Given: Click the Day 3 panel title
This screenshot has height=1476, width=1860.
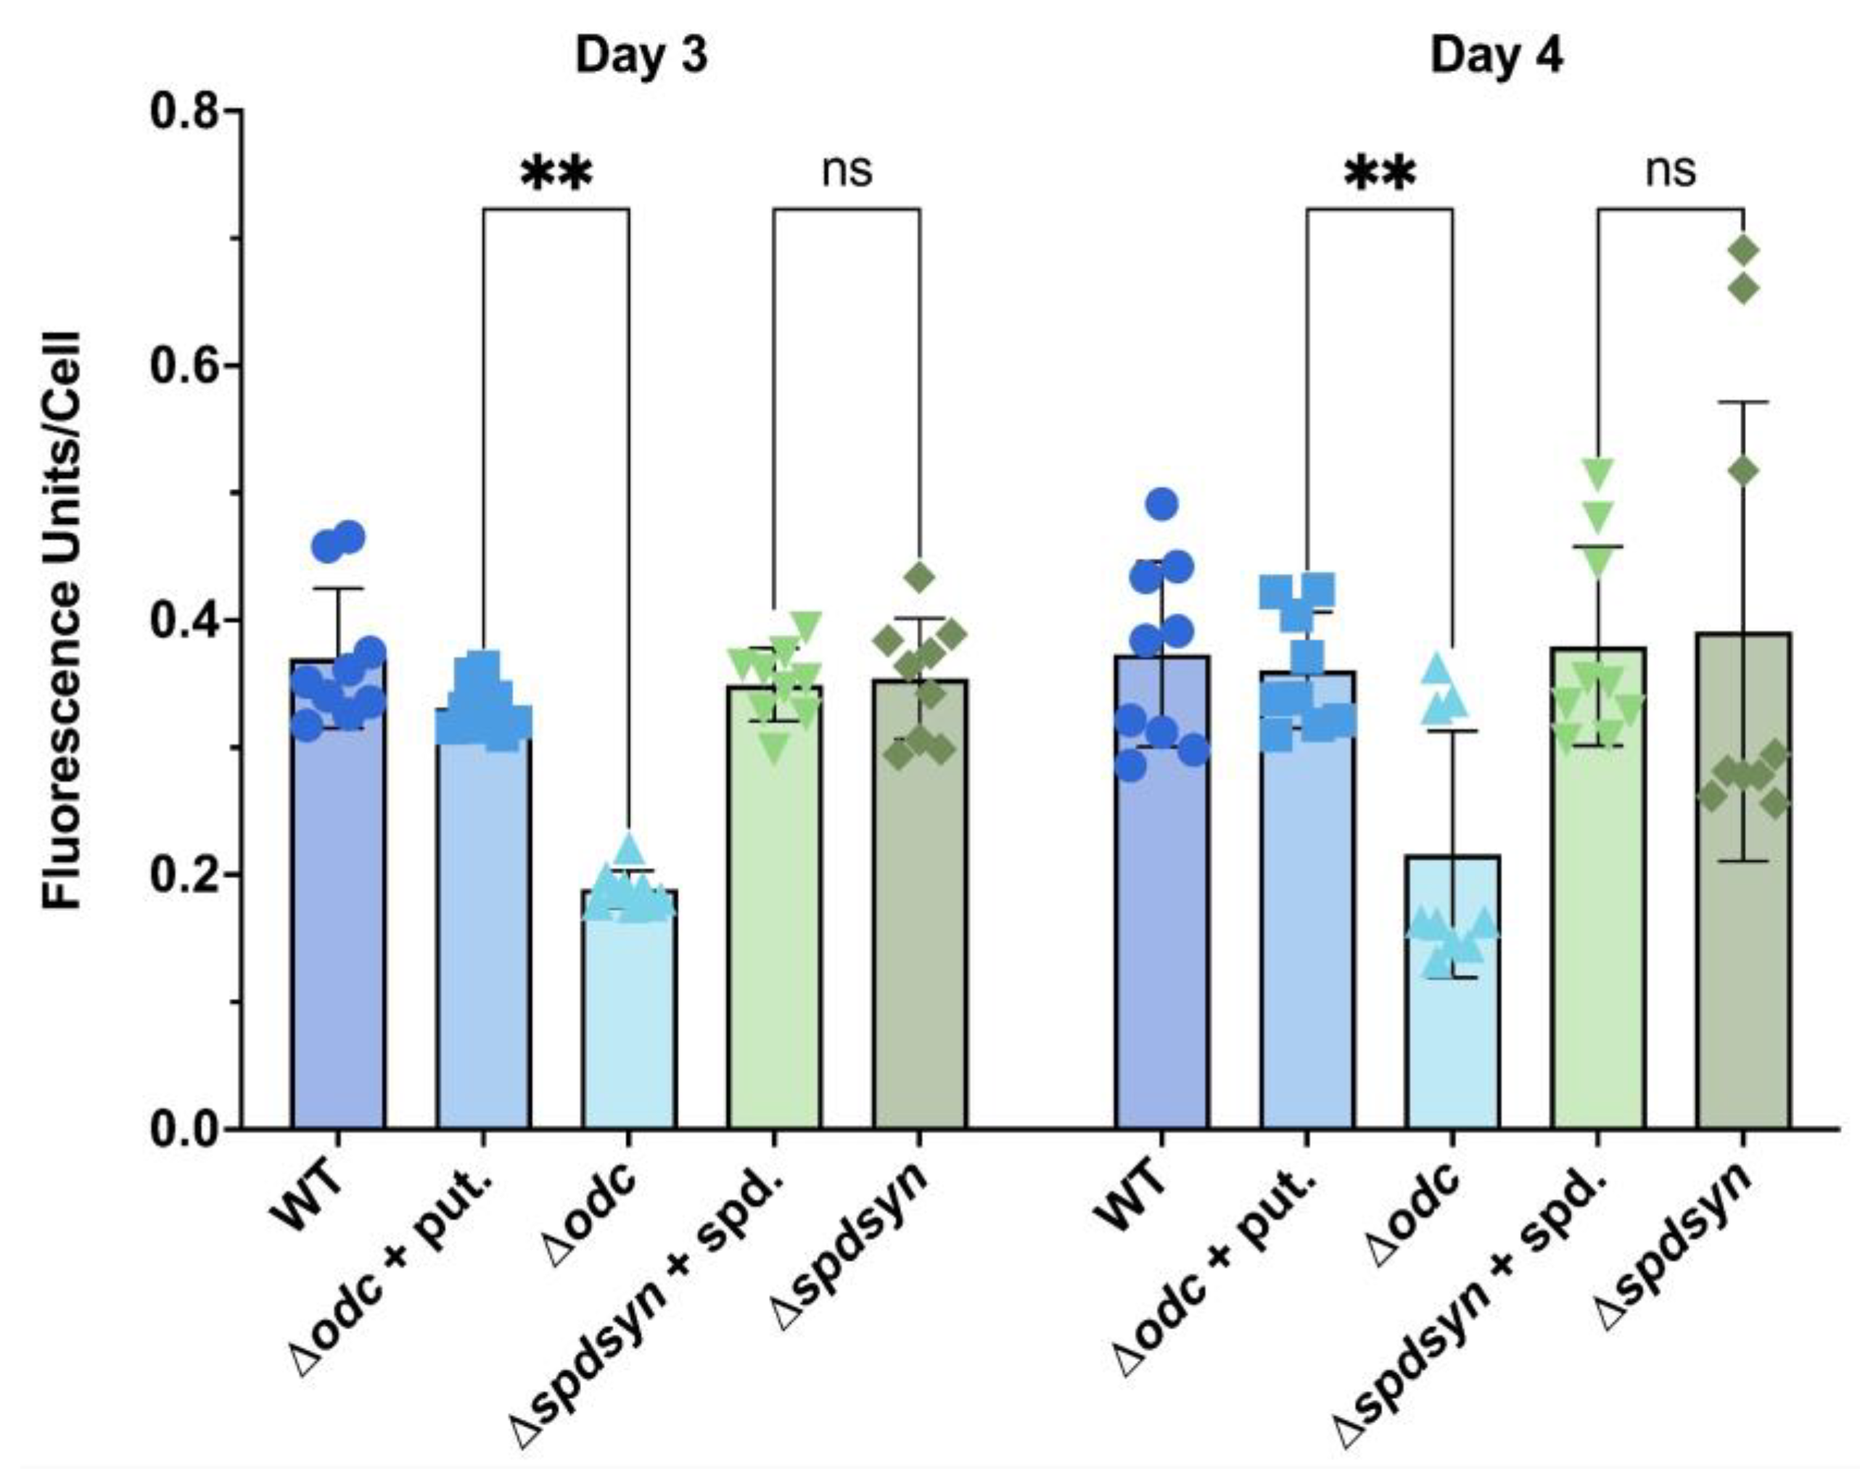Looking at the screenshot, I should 641,56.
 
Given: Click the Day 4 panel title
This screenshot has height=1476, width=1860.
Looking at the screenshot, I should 1496,56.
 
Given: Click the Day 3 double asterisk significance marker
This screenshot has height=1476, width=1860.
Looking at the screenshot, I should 556,174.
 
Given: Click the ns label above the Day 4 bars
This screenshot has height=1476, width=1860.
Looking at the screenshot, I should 1670,170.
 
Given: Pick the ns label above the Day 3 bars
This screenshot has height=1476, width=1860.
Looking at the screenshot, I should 847,170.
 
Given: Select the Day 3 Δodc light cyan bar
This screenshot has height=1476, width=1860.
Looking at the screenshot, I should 628,1018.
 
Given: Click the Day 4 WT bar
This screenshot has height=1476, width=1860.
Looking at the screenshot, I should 1161,906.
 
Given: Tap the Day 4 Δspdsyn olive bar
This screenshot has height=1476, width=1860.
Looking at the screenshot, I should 1742,906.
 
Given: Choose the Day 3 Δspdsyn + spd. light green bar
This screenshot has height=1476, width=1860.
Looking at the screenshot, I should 774,923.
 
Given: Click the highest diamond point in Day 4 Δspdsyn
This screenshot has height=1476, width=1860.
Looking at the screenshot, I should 1742,251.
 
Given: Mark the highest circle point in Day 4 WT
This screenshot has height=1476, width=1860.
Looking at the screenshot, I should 1162,504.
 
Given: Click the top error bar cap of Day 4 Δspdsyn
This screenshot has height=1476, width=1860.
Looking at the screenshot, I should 1742,402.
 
